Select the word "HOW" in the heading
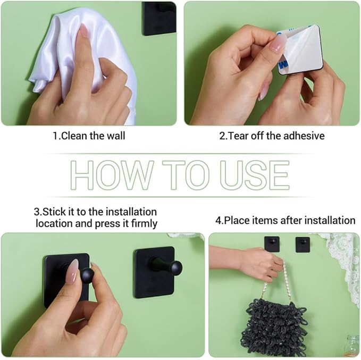click(x=112, y=175)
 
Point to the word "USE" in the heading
click(x=255, y=175)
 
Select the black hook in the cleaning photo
click(x=159, y=19)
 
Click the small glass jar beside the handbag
click(x=353, y=346)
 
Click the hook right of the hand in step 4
click(x=303, y=244)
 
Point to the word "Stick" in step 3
click(x=54, y=212)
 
